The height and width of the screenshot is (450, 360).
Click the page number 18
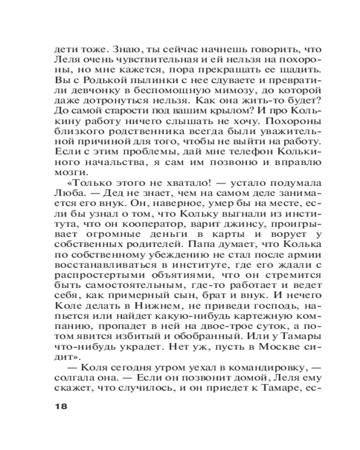pos(60,406)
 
